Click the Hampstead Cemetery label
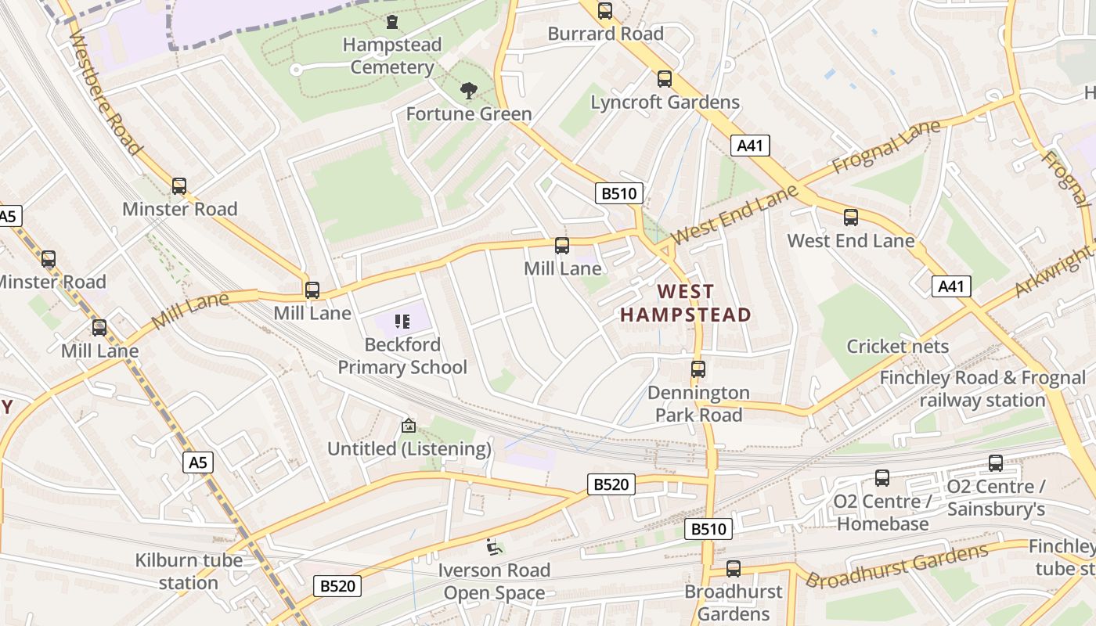(391, 56)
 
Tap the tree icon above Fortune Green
(468, 91)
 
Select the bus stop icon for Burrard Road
(604, 11)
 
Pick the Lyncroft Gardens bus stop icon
(664, 79)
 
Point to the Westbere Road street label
(105, 92)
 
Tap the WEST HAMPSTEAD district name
(685, 304)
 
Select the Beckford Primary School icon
(402, 321)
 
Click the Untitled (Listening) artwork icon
(408, 426)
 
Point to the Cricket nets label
(897, 346)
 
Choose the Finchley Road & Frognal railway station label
(982, 389)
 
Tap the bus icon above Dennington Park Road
(698, 369)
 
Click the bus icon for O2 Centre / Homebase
(881, 478)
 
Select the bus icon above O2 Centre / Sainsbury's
(995, 463)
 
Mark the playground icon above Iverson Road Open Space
(493, 547)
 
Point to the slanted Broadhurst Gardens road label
(896, 567)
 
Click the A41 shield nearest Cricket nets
(951, 286)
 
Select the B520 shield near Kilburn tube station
(337, 585)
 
